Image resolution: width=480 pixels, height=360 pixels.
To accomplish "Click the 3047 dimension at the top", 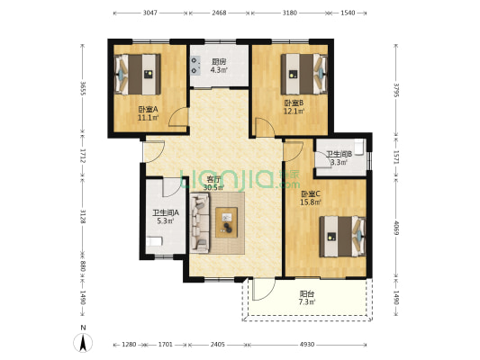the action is coord(150,13).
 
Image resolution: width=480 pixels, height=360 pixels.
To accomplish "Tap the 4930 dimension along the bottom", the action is coord(307,345).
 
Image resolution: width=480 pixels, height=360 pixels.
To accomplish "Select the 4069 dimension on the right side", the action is coord(396,228).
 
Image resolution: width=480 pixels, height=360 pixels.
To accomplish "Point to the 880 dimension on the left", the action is coord(82,266).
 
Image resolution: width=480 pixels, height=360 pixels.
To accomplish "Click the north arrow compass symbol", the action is coord(83,341).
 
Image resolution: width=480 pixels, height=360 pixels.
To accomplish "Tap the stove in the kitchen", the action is coord(195,66).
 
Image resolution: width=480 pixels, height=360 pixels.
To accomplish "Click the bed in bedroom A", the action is coord(138,75).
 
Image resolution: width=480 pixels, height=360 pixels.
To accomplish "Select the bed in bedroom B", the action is coord(304,74).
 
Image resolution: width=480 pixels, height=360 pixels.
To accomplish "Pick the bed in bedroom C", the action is coord(342,237).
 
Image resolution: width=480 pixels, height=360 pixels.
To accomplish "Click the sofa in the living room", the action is coord(200,222).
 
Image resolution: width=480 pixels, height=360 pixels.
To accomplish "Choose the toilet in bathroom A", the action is coord(154,241).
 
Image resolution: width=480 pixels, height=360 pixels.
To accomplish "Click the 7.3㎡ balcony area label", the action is coord(307,302).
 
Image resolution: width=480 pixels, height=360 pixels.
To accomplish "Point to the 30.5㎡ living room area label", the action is coord(213,187).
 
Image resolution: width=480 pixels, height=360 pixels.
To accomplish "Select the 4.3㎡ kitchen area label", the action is coord(219,69).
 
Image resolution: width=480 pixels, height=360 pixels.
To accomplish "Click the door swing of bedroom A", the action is coord(178,117).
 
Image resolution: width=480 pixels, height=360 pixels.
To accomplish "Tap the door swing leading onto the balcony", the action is coord(264,289).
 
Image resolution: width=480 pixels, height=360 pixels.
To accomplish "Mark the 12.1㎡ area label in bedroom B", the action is coord(294,112).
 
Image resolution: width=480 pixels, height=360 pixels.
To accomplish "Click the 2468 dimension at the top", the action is coord(219,13).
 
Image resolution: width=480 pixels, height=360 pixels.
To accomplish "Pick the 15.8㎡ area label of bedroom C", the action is coord(311,202).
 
